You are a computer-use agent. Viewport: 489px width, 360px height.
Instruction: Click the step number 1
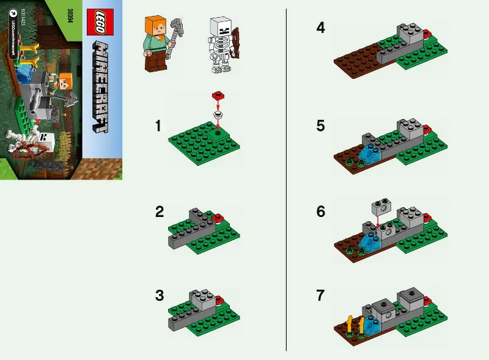coord(158,127)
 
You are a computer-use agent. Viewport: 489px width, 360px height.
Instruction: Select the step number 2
coord(160,212)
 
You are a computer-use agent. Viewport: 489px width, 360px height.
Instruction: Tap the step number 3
coord(160,296)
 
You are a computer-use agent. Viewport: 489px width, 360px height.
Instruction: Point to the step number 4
coord(320,28)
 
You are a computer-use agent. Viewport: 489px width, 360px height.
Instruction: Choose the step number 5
coord(320,127)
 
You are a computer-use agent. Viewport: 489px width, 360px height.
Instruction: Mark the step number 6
coord(320,212)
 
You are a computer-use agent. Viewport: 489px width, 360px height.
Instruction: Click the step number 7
coord(320,296)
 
